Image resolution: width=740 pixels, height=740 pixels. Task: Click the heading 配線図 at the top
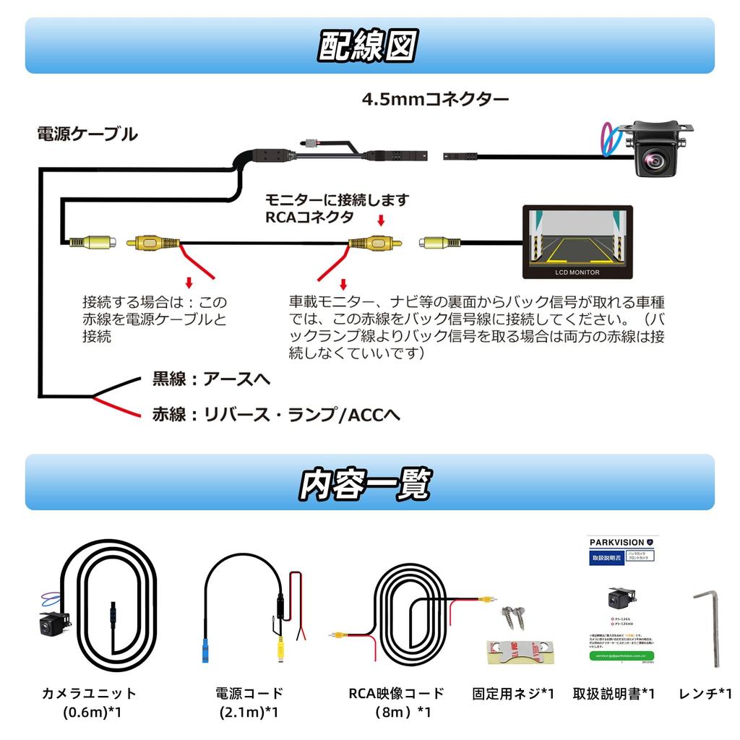[x=369, y=46]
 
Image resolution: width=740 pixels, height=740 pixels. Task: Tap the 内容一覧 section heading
[x=366, y=483]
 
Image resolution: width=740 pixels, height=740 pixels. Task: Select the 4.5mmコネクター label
[x=435, y=98]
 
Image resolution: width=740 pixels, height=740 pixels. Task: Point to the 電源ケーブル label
[x=87, y=134]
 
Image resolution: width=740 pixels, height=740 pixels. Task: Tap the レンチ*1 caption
[x=705, y=694]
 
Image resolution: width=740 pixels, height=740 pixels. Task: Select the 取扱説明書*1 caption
[x=614, y=694]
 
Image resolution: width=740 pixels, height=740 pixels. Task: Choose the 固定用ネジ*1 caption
[x=512, y=694]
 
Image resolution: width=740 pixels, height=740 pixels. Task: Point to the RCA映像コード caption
[x=396, y=694]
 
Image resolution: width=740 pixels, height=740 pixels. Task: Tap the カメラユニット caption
[x=89, y=694]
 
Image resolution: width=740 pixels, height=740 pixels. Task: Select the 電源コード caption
[x=249, y=694]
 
